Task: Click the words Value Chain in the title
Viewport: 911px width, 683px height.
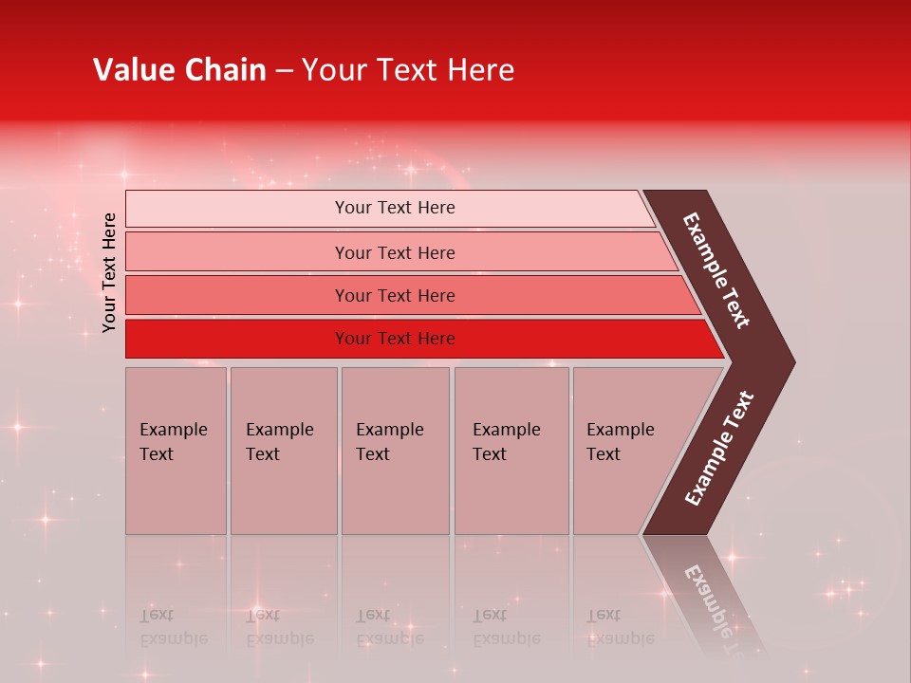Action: [179, 70]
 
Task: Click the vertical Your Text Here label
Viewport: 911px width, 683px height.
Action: [110, 272]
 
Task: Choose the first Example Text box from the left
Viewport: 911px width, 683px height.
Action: [176, 451]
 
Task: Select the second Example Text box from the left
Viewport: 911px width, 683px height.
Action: [283, 451]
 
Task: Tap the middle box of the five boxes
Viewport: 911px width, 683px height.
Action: [395, 451]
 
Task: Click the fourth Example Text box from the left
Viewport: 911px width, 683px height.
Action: [511, 451]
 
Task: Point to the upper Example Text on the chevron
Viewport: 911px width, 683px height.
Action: [716, 270]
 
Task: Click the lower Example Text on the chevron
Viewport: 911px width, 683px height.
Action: [719, 448]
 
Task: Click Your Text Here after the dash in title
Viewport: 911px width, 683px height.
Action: [408, 70]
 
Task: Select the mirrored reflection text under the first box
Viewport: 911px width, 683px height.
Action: [173, 627]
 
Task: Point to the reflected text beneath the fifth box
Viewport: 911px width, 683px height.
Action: [620, 627]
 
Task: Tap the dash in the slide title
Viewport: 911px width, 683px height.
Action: [284, 71]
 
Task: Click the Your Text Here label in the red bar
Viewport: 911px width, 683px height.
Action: [395, 339]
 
